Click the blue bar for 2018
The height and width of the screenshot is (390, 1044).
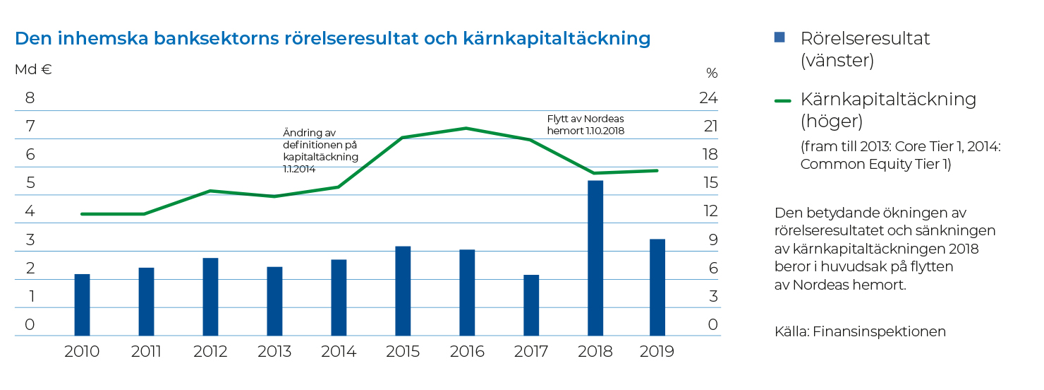click(x=595, y=258)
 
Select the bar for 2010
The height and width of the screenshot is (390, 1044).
click(x=82, y=305)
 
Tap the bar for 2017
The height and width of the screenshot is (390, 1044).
click(x=531, y=305)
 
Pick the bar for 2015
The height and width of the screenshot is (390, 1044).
click(x=403, y=290)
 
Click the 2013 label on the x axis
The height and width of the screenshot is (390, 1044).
click(x=274, y=352)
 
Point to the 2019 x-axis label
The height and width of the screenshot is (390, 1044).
click(x=656, y=352)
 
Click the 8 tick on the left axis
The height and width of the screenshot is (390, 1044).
click(x=30, y=98)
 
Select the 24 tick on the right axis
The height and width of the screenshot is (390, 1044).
click(x=708, y=98)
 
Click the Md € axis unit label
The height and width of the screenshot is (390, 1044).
click(x=33, y=70)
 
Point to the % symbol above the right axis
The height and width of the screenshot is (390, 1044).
click(x=711, y=73)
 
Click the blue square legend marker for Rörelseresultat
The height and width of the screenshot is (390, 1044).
click(x=779, y=37)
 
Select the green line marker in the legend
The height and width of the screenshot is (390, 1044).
click(x=782, y=100)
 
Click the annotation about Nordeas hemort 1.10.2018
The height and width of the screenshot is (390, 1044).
click(x=585, y=124)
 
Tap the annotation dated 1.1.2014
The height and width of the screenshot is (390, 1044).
click(x=320, y=150)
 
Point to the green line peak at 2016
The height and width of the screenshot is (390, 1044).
click(x=466, y=129)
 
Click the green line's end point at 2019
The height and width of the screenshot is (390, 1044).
click(x=657, y=170)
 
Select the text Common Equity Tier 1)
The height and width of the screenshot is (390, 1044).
click(x=875, y=164)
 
